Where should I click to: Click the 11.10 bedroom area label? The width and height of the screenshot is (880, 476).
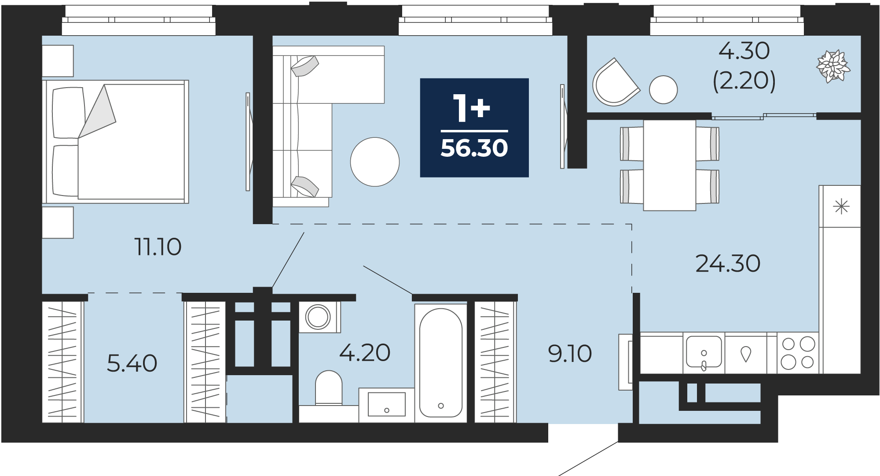[158, 247]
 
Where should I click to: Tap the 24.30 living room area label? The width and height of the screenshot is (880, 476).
[728, 263]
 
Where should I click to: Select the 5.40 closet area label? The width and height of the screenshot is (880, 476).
[132, 363]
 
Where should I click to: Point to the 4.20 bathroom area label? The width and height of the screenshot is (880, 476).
[365, 353]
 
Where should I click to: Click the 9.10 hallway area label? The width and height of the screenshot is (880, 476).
[570, 354]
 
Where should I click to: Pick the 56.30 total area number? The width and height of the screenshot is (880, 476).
[474, 148]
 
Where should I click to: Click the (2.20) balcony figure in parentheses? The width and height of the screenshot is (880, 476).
[744, 81]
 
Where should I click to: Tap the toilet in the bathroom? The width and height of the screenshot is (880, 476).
[329, 388]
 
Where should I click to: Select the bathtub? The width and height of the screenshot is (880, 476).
[441, 362]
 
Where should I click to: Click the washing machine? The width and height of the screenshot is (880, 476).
[319, 317]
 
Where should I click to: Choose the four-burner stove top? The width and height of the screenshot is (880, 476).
[798, 353]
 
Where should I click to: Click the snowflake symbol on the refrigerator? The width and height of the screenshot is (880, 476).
[841, 207]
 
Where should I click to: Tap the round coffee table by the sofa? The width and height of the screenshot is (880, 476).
[375, 162]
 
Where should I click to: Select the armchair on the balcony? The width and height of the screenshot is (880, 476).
[615, 83]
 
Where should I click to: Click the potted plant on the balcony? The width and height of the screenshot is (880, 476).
[832, 66]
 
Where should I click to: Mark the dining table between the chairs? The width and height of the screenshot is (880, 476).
[670, 165]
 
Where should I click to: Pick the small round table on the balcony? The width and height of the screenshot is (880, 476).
[663, 90]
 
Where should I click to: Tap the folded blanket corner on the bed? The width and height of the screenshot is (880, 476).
[98, 114]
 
